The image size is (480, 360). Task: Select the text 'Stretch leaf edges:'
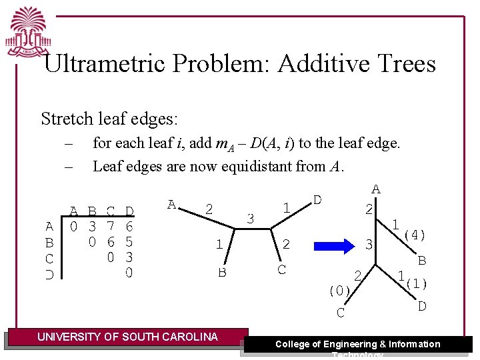click(x=109, y=119)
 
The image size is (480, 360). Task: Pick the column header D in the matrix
click(x=129, y=211)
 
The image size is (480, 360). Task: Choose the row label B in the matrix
click(x=49, y=242)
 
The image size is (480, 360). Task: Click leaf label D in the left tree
click(x=317, y=199)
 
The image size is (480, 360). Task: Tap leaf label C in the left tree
click(x=281, y=269)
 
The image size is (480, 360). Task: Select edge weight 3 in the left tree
click(x=251, y=218)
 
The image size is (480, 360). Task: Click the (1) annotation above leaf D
click(x=416, y=283)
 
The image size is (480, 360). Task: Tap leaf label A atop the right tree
click(x=376, y=189)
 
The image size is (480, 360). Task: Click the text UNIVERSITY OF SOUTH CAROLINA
click(x=127, y=337)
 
